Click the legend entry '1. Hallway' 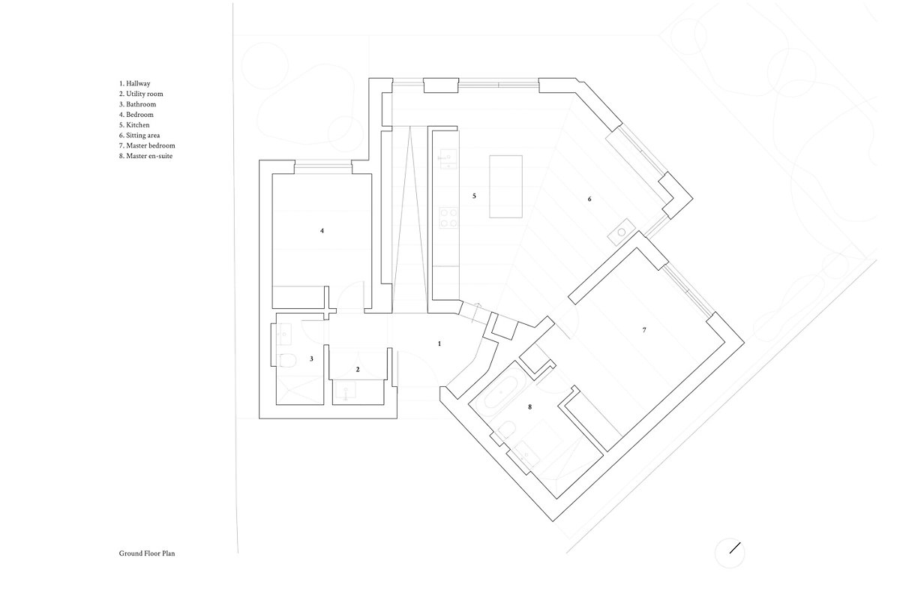pos(134,83)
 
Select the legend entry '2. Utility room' pos(141,94)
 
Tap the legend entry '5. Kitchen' pos(134,125)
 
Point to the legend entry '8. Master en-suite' pos(145,156)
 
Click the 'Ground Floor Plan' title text pos(147,553)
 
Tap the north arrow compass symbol pos(730,553)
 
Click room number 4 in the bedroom pos(322,231)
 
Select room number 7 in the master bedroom pos(644,330)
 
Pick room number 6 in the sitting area pos(589,199)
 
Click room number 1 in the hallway pos(439,343)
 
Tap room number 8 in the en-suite pos(530,407)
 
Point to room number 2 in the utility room pos(358,369)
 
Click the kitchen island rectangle pos(505,187)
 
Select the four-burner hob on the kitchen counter pos(448,217)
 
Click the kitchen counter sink pos(448,159)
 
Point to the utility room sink pos(346,391)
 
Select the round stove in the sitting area pos(621,232)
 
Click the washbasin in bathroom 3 pos(284,334)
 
